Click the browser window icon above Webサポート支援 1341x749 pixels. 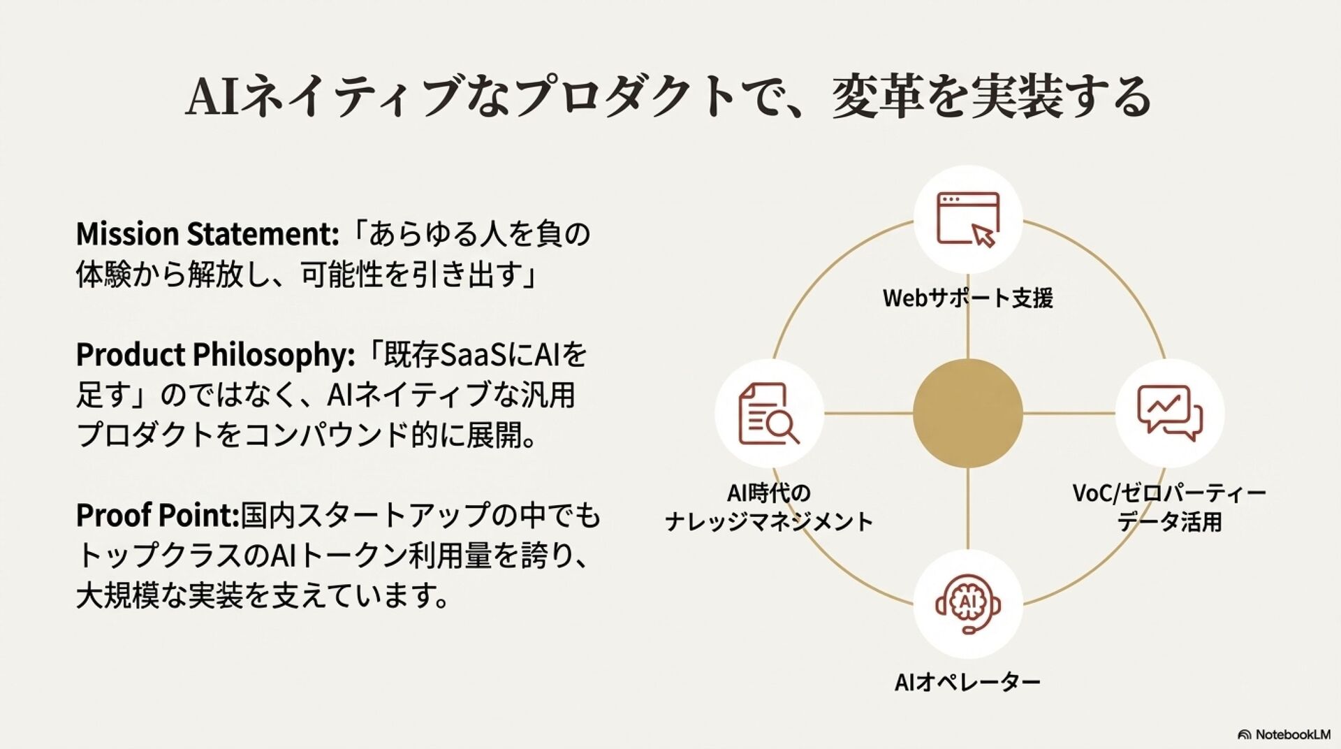tap(968, 219)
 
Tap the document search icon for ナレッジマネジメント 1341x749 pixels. tap(769, 413)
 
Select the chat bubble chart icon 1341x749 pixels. tap(1169, 413)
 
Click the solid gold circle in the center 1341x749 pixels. tap(968, 413)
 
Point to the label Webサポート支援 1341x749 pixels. tap(968, 298)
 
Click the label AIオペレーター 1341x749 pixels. tap(968, 682)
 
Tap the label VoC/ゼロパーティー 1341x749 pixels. tap(1169, 493)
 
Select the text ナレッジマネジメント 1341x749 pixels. tap(769, 522)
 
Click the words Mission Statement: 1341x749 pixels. tap(207, 235)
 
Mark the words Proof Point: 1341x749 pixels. tap(158, 516)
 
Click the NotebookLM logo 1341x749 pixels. tap(1284, 734)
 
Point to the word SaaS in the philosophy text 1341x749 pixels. tap(455, 355)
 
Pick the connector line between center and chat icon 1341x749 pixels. tap(1069, 413)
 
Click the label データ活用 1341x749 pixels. tap(1169, 522)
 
